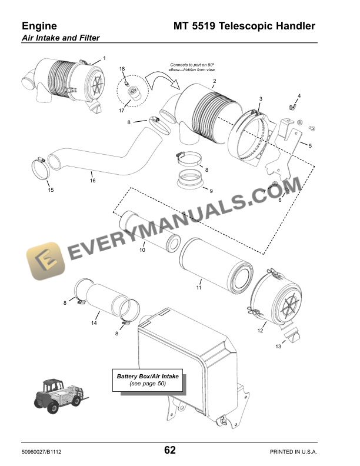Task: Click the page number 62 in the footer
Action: (170, 451)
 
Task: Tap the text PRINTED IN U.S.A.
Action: (293, 452)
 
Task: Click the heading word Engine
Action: (39, 26)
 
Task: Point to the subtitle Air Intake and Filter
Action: (61, 38)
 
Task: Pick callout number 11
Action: (199, 288)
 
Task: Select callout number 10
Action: (142, 250)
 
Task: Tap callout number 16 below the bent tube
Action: (92, 181)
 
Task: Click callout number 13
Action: (278, 347)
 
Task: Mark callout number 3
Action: (261, 98)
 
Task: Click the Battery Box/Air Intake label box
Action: (148, 380)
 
